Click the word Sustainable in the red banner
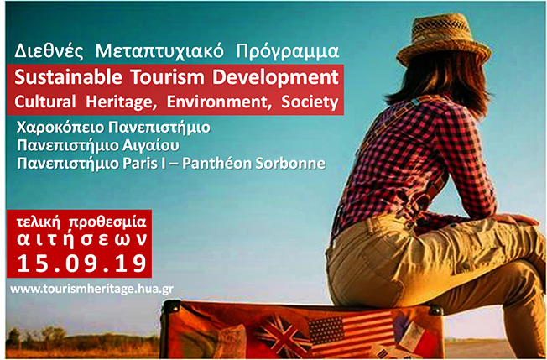tap(69, 77)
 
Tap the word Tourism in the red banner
tap(168, 77)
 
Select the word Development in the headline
tap(275, 78)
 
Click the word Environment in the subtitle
tap(220, 102)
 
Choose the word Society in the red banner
tap(310, 102)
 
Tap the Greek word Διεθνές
tap(49, 51)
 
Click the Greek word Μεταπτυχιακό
tap(159, 52)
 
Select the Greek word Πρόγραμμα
tap(288, 52)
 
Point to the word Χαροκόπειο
tap(60, 128)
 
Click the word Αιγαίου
tap(151, 146)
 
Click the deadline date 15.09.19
tap(82, 263)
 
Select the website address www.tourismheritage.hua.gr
tap(91, 290)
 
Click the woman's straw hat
tap(444, 39)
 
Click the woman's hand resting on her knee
tap(513, 220)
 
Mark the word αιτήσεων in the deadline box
tap(82, 240)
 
